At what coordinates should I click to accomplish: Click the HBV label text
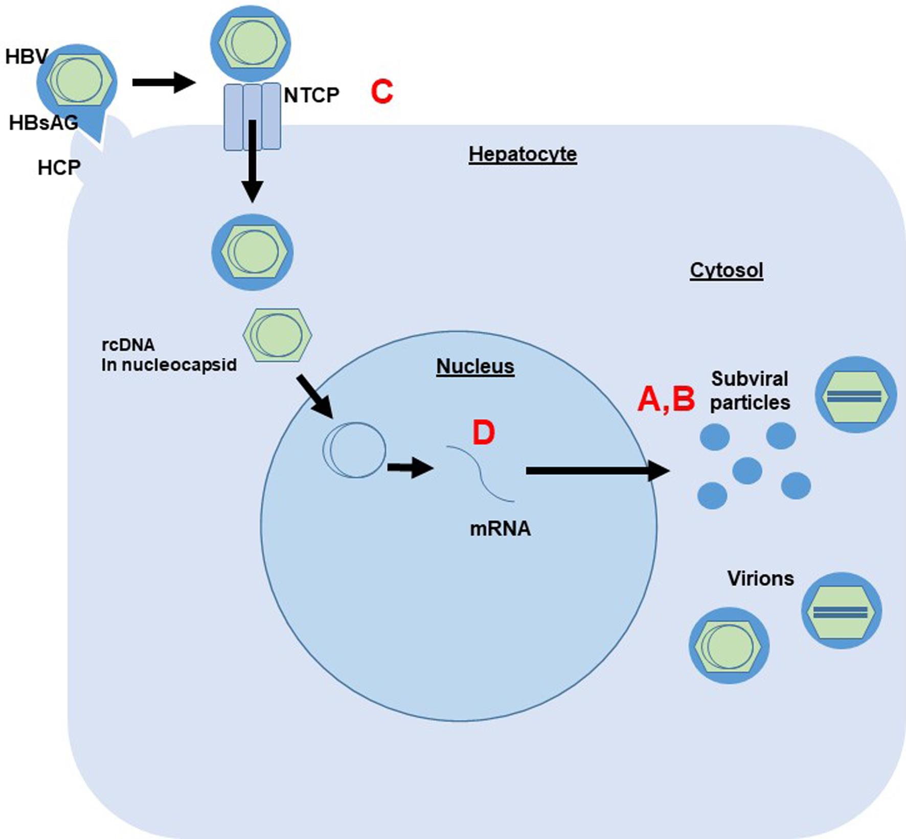(27, 56)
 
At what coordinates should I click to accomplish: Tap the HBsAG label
(43, 123)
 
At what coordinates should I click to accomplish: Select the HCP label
(59, 168)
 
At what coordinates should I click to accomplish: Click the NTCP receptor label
(311, 95)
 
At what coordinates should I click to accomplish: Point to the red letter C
(381, 92)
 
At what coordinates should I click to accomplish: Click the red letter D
(483, 433)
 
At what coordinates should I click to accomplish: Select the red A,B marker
(666, 399)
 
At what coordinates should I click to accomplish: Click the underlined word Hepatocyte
(523, 154)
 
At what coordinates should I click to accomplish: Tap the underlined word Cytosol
(726, 270)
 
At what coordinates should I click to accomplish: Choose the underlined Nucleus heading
(475, 366)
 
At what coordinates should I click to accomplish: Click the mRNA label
(500, 528)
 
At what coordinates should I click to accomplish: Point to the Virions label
(760, 578)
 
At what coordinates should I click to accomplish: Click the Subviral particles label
(750, 390)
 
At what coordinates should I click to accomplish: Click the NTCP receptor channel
(252, 116)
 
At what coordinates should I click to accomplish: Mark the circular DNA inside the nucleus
(354, 450)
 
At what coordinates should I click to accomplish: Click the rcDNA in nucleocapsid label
(169, 355)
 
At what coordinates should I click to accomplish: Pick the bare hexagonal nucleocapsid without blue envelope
(277, 335)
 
